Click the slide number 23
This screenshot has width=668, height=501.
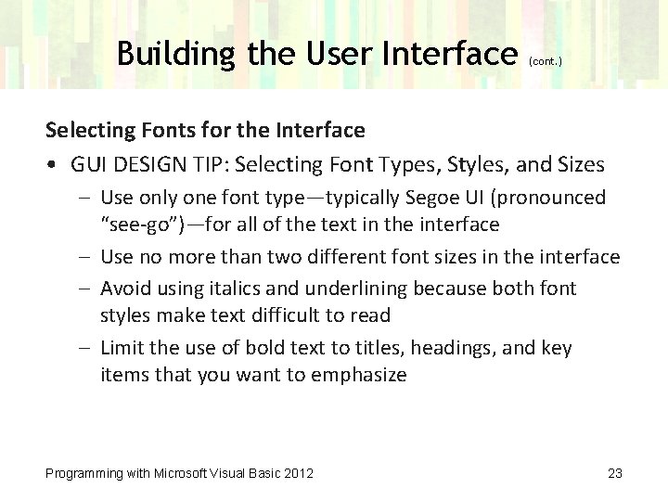pos(614,474)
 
